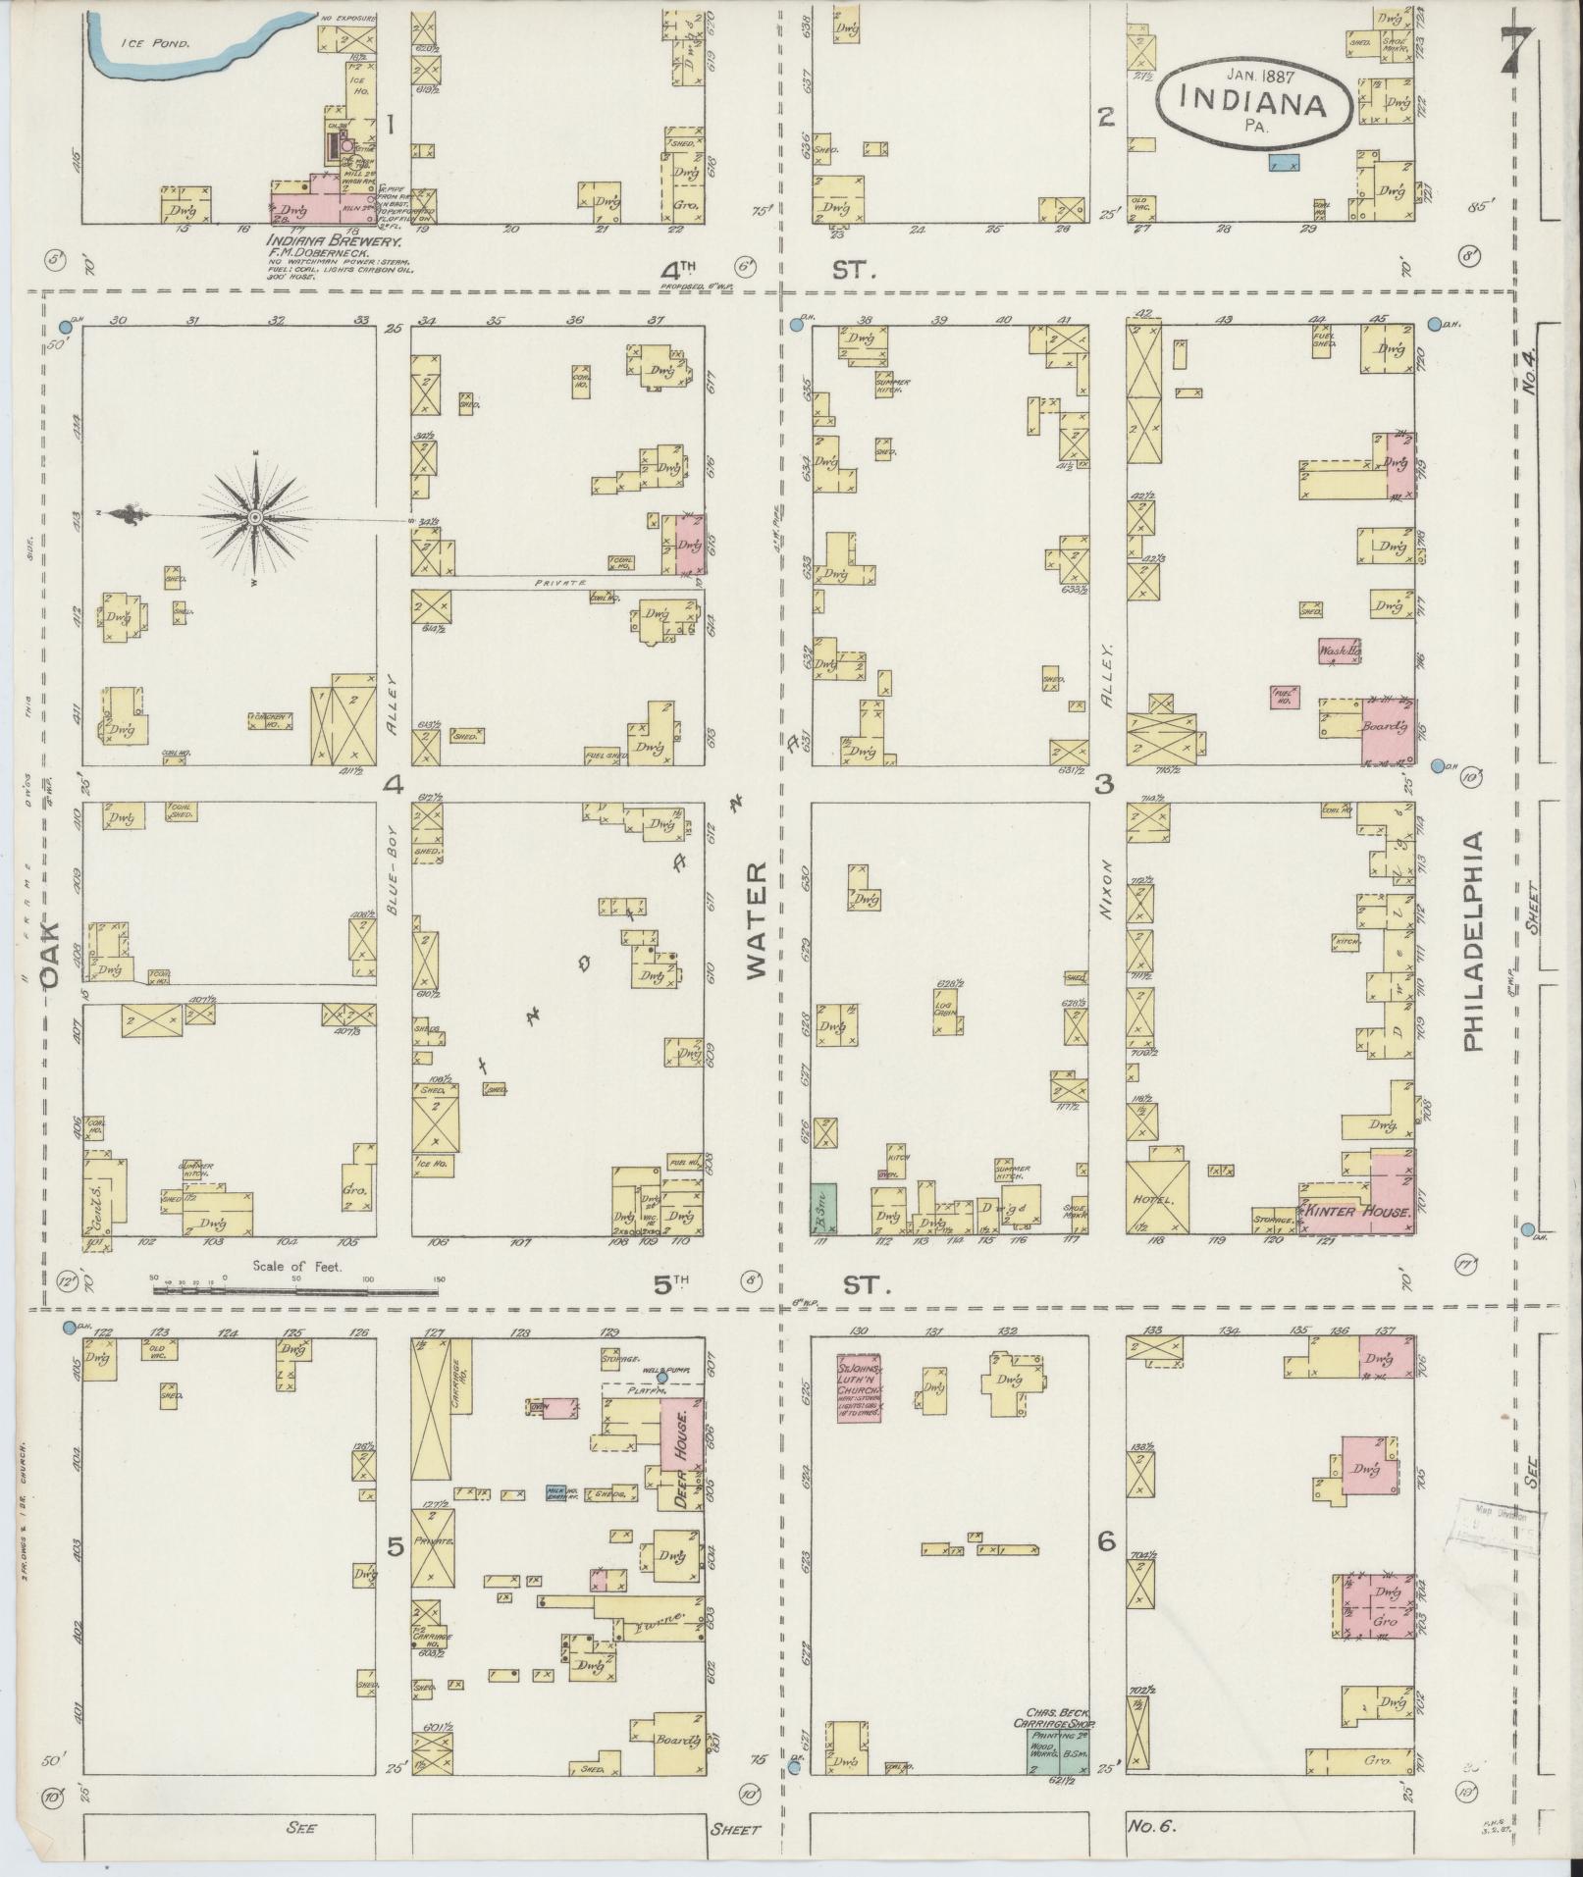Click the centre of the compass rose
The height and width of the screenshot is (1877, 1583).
[x=255, y=516]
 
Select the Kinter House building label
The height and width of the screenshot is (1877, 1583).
[x=1357, y=1212]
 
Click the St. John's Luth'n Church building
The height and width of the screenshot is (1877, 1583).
[x=859, y=1387]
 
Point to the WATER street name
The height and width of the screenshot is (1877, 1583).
[x=756, y=921]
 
